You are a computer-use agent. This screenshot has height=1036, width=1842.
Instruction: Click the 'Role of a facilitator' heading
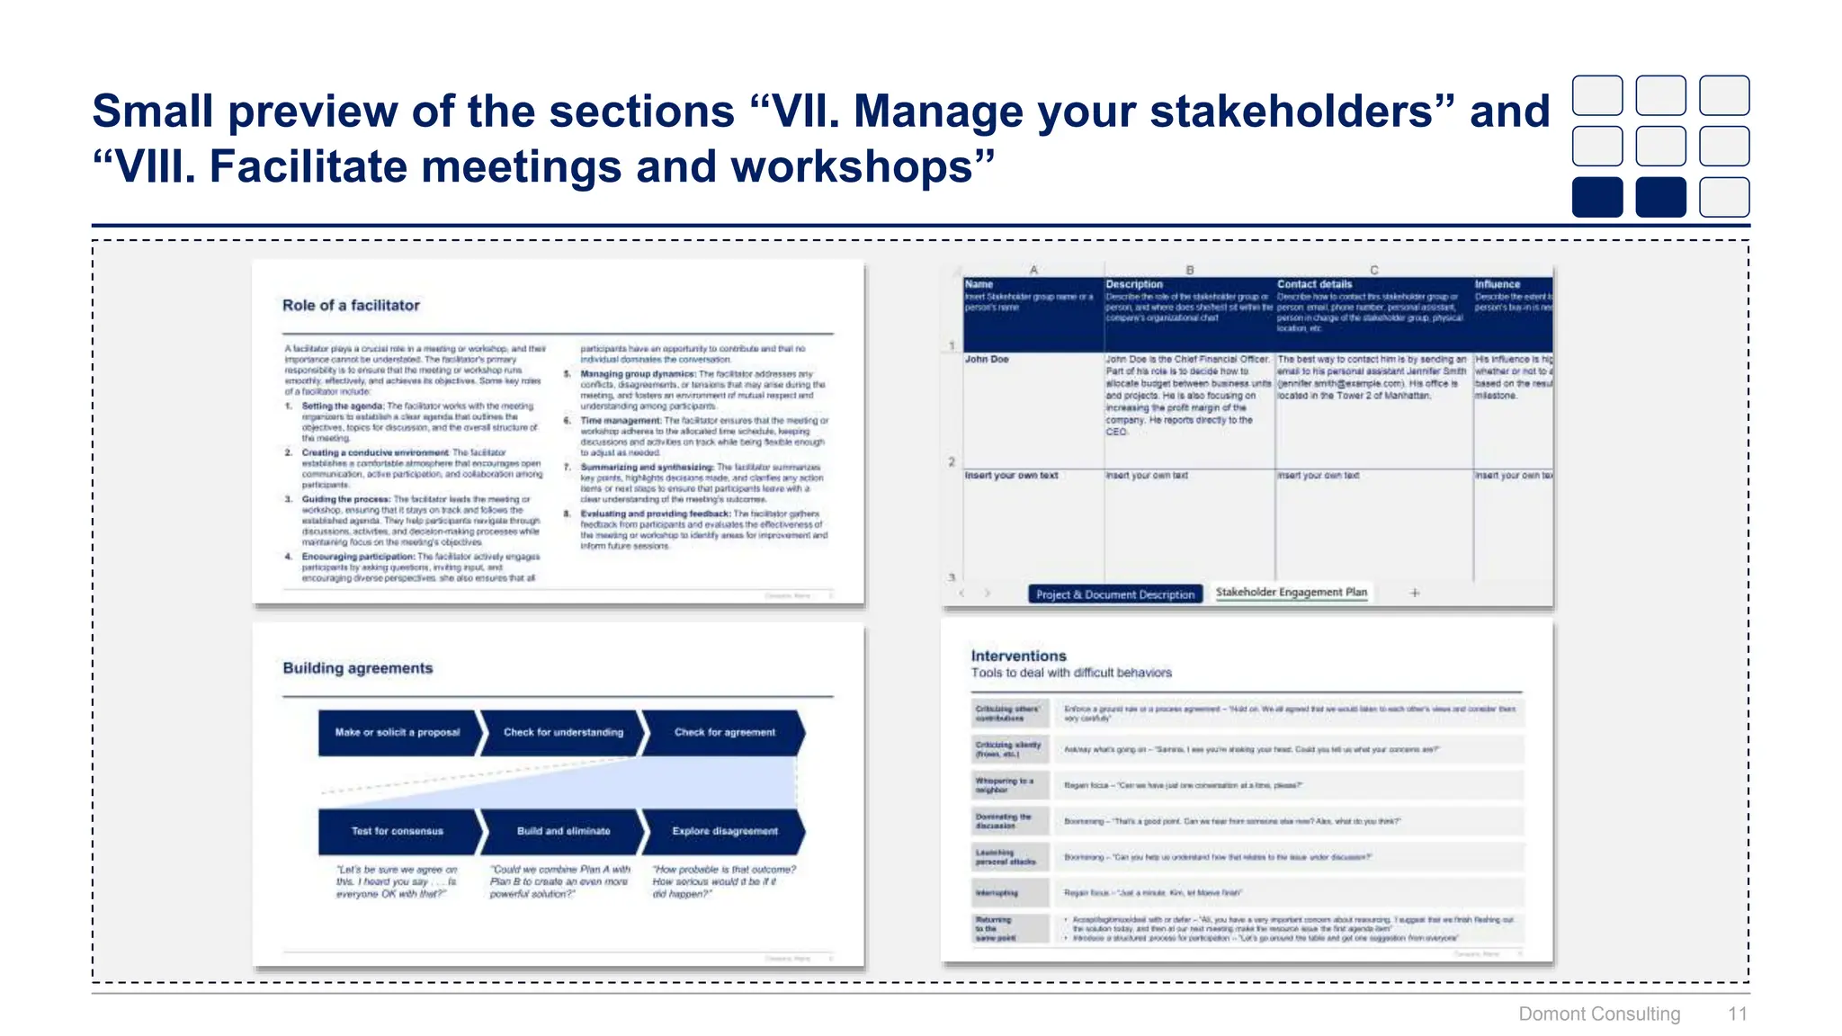[351, 306]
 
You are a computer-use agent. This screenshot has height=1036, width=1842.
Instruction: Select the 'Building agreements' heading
[357, 668]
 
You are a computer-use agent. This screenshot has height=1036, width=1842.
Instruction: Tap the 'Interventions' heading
[1018, 656]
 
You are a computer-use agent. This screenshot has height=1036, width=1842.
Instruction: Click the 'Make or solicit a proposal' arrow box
[397, 733]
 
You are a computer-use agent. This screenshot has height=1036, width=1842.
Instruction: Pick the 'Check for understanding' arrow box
[563, 733]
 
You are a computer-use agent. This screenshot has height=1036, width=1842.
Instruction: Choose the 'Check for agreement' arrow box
[724, 733]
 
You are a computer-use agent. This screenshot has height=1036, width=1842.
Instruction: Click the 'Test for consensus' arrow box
[397, 832]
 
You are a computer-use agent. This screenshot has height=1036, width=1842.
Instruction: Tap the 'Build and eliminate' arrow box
[563, 832]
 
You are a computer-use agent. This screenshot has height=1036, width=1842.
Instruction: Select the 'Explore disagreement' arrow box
[724, 832]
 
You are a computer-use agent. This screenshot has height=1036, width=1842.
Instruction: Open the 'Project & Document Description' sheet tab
[1114, 594]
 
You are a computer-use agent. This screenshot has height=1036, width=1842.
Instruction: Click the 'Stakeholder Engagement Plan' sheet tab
[1291, 593]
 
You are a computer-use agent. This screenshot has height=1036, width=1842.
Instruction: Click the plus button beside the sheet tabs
[1415, 594]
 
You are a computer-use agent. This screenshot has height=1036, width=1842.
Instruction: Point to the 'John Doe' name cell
[987, 360]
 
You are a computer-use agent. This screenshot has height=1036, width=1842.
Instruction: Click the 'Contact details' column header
[1314, 284]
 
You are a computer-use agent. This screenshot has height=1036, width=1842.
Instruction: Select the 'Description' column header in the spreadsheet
[1134, 284]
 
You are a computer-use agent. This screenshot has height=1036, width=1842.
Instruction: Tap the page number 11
[1737, 1014]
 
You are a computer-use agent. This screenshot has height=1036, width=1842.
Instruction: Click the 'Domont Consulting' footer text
[1599, 1014]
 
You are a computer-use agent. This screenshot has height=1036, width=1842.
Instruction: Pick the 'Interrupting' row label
[997, 893]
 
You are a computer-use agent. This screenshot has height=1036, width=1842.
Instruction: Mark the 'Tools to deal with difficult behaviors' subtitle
[1071, 673]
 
